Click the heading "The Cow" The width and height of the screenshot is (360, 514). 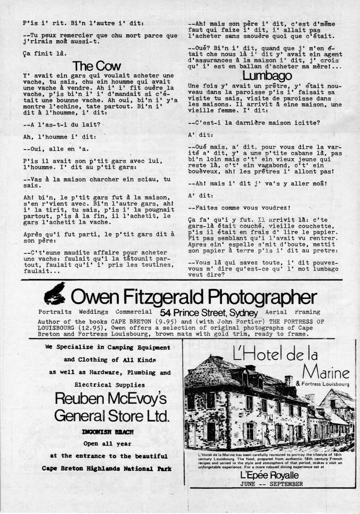click(97, 67)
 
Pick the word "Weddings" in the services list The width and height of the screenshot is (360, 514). click(93, 312)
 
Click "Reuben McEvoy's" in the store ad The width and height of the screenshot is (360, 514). click(110, 399)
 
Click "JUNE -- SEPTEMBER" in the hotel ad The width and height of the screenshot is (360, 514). click(271, 484)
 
